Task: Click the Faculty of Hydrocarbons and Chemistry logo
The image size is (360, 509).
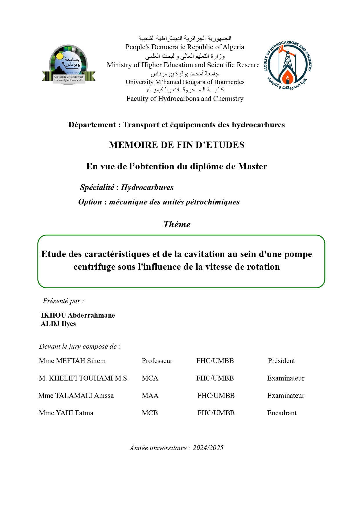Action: coord(287,65)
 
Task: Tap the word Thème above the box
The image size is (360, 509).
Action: coord(177,224)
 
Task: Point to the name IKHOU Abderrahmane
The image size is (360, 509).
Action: coord(78,315)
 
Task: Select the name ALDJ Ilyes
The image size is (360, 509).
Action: coord(58,324)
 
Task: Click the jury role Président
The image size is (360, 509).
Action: coord(281,361)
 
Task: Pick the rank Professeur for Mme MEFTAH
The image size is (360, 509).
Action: coord(157,361)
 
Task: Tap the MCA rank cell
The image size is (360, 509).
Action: coord(150,378)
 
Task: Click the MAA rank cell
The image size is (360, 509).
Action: coord(150,396)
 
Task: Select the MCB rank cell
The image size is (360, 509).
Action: coord(150,413)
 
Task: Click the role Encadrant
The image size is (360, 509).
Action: coord(282,413)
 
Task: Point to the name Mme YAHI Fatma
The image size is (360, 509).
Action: coord(66,413)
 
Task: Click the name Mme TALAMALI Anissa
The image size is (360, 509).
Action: coord(76,396)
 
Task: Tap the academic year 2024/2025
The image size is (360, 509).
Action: coord(208,448)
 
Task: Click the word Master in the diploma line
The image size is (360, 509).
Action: coord(252,166)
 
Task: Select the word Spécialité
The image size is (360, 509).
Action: coord(97,187)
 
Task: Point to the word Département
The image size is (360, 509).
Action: coord(92,125)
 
